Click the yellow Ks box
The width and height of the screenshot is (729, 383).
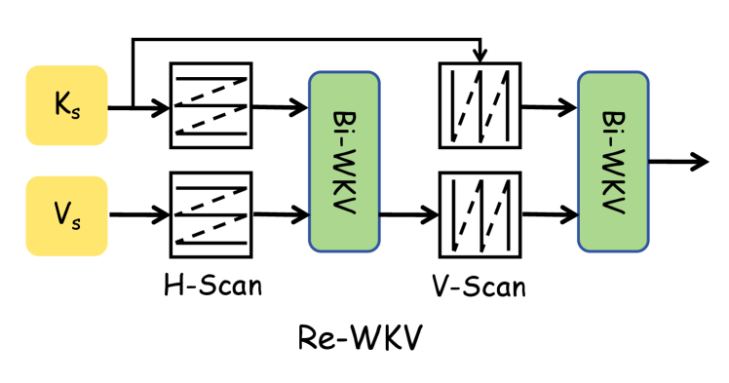(x=66, y=105)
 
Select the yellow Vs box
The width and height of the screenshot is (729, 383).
(x=66, y=215)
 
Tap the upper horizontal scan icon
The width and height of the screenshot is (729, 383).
(x=211, y=105)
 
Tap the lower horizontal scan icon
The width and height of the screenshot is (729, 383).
(x=211, y=213)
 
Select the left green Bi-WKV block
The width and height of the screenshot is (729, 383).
(x=344, y=162)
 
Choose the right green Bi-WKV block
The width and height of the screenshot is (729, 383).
(x=613, y=162)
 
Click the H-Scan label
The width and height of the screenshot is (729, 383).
(x=213, y=286)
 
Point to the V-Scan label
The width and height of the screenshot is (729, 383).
(x=478, y=286)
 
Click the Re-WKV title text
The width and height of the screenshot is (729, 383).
(x=361, y=339)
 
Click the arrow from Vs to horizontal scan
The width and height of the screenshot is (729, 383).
(x=137, y=213)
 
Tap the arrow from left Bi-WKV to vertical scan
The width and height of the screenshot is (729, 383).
(x=408, y=213)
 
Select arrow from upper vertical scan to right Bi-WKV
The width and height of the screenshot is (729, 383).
(x=549, y=106)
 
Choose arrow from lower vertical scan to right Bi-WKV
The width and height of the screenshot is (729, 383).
(x=549, y=213)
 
